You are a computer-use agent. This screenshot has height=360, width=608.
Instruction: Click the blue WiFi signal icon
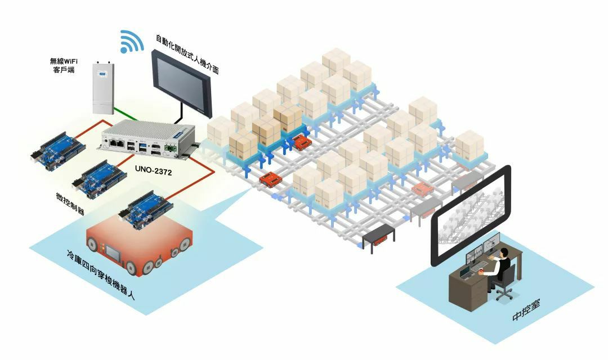coord(131,42)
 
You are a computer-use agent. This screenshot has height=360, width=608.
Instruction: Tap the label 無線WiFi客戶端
coord(64,65)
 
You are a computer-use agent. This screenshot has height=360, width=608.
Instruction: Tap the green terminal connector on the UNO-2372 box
coord(168,148)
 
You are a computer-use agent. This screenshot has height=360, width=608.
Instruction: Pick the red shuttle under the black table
coord(381,240)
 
